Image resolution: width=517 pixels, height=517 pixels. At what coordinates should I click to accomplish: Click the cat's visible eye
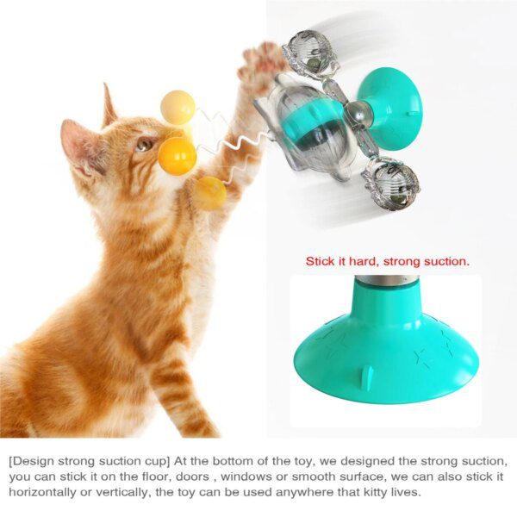click(140, 146)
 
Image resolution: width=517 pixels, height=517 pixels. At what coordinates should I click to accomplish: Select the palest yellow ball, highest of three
click(178, 107)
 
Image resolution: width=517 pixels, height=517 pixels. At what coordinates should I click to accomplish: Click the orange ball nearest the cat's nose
click(177, 156)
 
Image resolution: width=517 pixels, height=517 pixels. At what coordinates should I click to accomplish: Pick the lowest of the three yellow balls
click(209, 193)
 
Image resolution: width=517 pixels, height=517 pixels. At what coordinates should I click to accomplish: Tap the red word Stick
click(321, 259)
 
